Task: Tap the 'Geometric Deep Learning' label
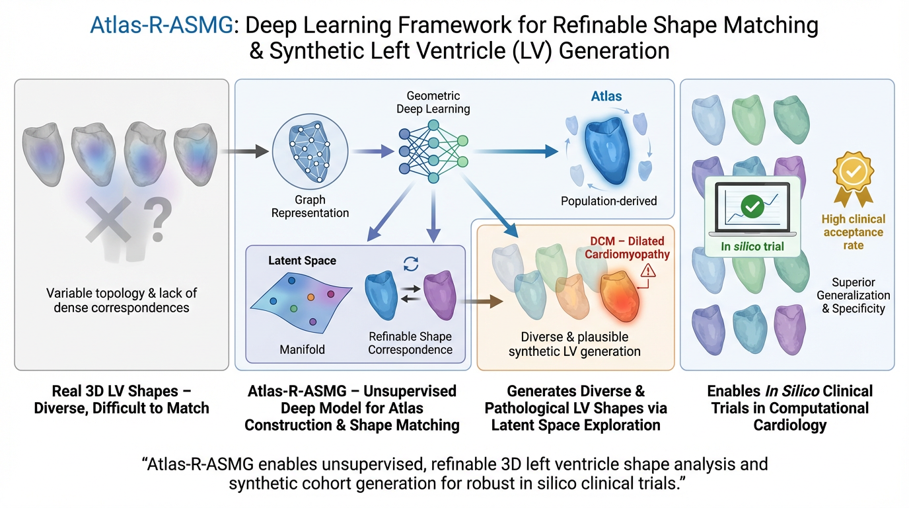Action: point(433,103)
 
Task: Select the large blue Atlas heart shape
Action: point(606,151)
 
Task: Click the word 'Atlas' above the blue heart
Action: point(606,96)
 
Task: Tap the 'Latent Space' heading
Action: point(302,261)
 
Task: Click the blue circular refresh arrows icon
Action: point(411,264)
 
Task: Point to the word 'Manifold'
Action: point(302,349)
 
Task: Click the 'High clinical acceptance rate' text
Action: point(853,232)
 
